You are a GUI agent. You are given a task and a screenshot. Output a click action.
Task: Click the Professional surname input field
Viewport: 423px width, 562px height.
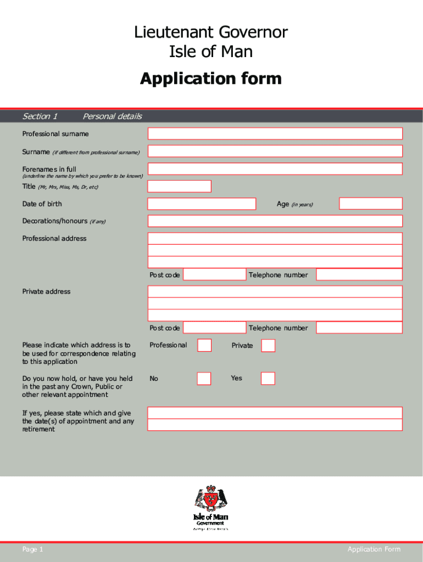[275, 133]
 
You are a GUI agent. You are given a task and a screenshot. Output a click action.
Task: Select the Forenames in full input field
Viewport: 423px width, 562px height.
[275, 168]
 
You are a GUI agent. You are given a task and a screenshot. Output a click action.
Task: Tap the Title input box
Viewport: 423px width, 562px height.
[179, 186]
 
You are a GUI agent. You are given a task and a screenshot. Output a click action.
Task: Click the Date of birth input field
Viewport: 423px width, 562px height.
[202, 204]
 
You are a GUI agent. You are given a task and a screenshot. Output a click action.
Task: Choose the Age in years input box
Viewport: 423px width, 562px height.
[370, 204]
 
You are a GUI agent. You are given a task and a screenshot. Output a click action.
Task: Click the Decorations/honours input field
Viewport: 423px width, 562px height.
[275, 221]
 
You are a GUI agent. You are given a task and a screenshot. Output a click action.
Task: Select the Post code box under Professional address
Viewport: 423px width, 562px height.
[214, 274]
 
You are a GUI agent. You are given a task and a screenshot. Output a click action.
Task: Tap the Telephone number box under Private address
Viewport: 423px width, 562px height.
[359, 328]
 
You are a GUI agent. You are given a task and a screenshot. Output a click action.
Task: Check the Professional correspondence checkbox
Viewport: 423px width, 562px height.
[204, 345]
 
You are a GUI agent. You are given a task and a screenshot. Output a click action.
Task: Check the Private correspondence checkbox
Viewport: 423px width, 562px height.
[268, 345]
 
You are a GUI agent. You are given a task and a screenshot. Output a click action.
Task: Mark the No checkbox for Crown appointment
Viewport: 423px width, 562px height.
[204, 378]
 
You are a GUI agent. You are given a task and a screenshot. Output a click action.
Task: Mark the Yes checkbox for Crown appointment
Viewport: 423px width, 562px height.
[268, 378]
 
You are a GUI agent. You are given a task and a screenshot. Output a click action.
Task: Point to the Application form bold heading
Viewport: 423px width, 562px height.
[211, 78]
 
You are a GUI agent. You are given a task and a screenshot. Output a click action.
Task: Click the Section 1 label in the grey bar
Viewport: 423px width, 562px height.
[40, 116]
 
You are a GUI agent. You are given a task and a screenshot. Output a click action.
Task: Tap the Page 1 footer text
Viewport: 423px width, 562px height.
[32, 549]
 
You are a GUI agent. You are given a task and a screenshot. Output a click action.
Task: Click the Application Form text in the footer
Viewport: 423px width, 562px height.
[374, 549]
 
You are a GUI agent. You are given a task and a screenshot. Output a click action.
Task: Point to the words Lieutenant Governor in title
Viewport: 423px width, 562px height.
[211, 32]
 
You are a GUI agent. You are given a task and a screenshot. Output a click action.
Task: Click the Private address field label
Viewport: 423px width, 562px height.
[46, 291]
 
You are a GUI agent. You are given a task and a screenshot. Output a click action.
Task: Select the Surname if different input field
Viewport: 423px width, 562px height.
[275, 151]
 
